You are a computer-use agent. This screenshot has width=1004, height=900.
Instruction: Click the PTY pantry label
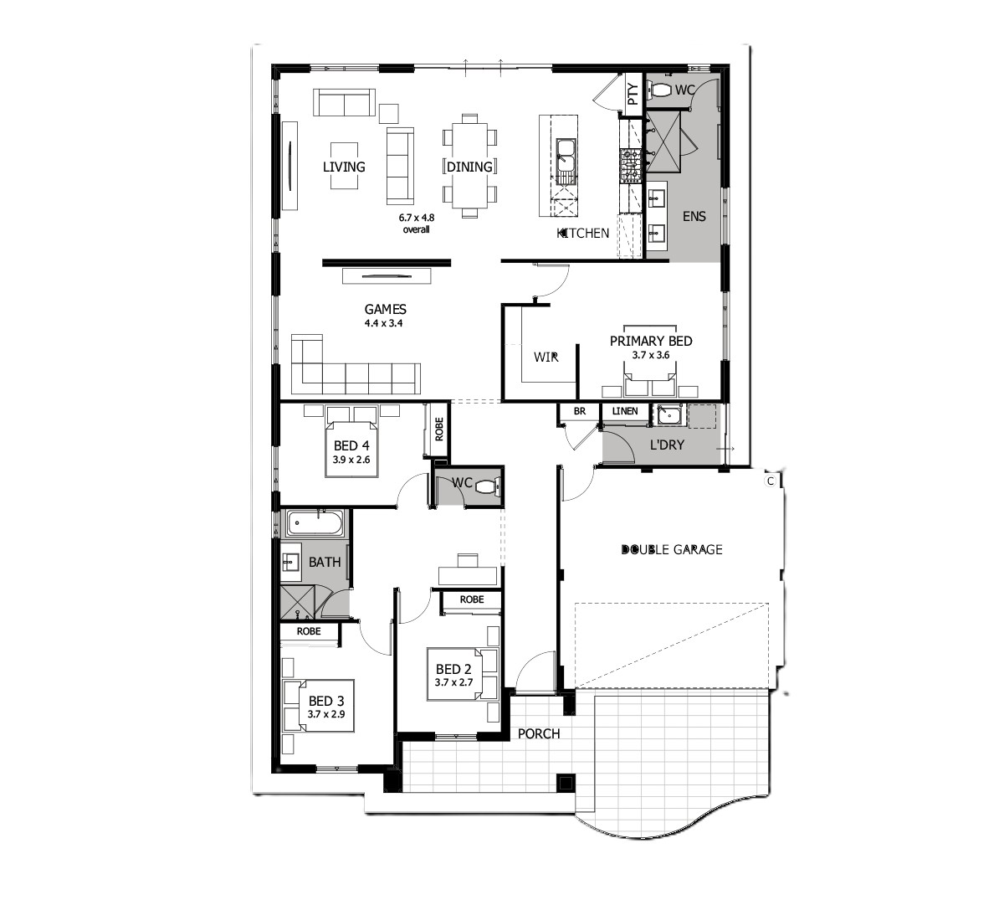click(633, 94)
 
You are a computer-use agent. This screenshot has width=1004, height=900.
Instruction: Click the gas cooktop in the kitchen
click(630, 164)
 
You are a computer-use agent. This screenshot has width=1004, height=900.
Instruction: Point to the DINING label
click(469, 167)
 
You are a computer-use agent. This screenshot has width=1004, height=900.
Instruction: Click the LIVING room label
click(344, 167)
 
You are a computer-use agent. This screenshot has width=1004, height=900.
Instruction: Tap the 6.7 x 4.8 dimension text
click(417, 217)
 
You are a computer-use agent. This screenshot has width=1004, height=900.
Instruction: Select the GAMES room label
click(385, 310)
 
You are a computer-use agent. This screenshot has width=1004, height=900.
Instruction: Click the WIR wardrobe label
click(546, 357)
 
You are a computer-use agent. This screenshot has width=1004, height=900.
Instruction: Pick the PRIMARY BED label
click(651, 341)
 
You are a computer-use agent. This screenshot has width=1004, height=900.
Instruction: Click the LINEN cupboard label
click(625, 411)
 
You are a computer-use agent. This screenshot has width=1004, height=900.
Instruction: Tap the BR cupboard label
click(579, 411)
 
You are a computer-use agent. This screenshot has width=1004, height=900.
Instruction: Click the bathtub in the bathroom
click(315, 522)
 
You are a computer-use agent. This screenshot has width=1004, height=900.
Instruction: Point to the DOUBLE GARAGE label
click(672, 549)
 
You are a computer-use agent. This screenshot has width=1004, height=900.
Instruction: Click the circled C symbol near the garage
click(770, 481)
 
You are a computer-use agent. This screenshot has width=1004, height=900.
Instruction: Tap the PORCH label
click(539, 734)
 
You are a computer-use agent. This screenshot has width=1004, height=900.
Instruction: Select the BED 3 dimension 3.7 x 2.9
click(326, 714)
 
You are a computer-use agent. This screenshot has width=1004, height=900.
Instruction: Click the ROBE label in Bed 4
click(438, 429)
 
